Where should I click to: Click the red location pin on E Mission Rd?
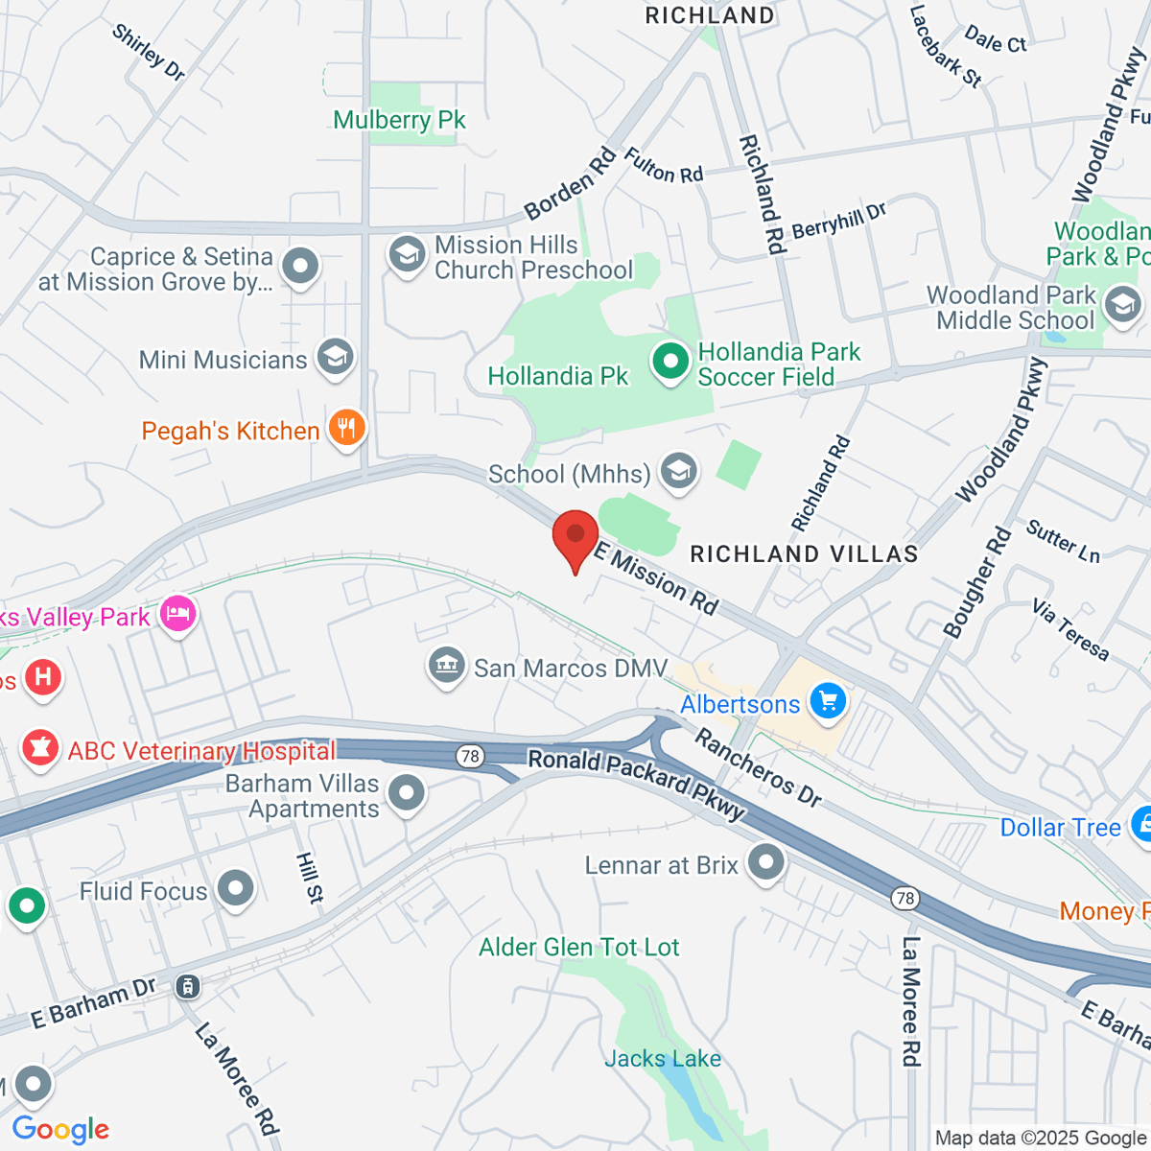coord(575,537)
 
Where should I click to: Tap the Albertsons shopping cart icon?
coord(828,701)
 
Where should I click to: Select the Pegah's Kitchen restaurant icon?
coord(347,429)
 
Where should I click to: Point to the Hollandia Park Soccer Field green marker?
coord(670,363)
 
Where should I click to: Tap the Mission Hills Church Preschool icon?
coord(407,256)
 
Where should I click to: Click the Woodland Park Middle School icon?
coord(1122,306)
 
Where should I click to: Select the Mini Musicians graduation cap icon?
coord(335,358)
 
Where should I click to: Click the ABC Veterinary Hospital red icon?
coord(40,749)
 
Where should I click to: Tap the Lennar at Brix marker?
coord(765,862)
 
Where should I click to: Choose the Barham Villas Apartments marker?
coord(408,794)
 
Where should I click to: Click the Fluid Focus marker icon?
coord(235,889)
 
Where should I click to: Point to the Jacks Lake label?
coord(663,1059)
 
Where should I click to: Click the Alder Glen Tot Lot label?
coord(579,948)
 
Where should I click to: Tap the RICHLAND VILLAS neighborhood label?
coord(804,554)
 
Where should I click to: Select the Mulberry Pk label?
coord(399,120)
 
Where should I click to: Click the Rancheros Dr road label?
coord(758,767)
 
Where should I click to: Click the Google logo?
coord(61,1130)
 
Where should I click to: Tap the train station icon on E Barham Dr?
coord(188,985)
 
